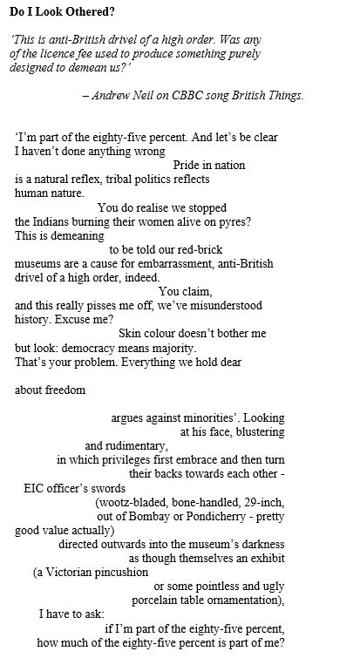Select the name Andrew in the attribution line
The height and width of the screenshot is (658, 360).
click(122, 96)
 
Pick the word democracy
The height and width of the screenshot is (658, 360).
click(97, 347)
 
